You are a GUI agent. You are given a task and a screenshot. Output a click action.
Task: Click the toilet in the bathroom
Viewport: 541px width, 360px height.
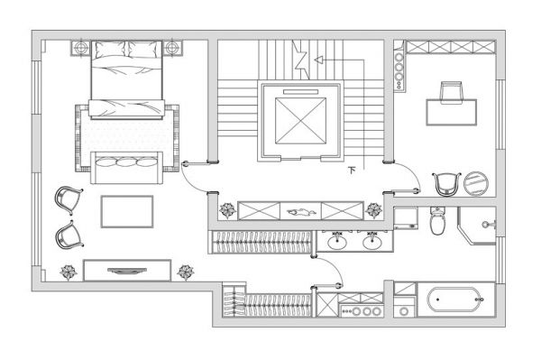pyautogui.click(x=437, y=221)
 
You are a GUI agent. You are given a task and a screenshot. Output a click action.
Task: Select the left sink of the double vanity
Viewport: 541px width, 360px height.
pyautogui.click(x=336, y=241)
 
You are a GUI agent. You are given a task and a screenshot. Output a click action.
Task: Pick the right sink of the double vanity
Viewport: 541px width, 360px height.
pyautogui.click(x=371, y=241)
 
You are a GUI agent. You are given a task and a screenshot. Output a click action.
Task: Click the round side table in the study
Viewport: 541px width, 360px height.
pyautogui.click(x=476, y=183)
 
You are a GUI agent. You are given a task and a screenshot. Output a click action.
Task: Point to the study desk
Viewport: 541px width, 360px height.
pyautogui.click(x=452, y=112)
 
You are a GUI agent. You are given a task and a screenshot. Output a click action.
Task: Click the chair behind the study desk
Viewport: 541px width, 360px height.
pyautogui.click(x=452, y=92)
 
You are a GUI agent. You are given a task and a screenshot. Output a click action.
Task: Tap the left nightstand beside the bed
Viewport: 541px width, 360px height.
pyautogui.click(x=81, y=48)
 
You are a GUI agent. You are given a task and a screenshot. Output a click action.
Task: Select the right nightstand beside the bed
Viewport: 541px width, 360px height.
pyautogui.click(x=172, y=48)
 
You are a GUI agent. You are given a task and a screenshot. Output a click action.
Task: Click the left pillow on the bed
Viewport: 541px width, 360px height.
pyautogui.click(x=110, y=50)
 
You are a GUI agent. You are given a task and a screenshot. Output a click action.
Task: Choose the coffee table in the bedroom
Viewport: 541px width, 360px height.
pyautogui.click(x=127, y=212)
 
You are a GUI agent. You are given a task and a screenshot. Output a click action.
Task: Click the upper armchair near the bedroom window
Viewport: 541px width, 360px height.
pyautogui.click(x=69, y=199)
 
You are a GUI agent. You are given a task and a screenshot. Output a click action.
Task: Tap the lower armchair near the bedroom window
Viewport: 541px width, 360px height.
pyautogui.click(x=69, y=235)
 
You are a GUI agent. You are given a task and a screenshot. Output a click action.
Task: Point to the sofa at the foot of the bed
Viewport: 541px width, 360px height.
pyautogui.click(x=126, y=168)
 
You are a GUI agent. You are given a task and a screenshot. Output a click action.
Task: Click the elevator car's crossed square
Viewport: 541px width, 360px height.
pyautogui.click(x=300, y=121)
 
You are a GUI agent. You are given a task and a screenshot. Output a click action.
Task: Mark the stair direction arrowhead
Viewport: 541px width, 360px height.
pyautogui.click(x=318, y=60)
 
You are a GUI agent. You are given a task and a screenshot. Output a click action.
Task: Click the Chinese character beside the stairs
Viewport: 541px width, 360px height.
pyautogui.click(x=352, y=171)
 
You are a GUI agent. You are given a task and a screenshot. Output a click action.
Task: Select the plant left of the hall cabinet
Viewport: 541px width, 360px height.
pyautogui.click(x=227, y=210)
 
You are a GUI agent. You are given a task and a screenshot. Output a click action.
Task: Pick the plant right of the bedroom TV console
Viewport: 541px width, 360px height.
pyautogui.click(x=186, y=272)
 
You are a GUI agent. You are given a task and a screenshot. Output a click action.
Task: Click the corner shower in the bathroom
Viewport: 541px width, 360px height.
pyautogui.click(x=477, y=226)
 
